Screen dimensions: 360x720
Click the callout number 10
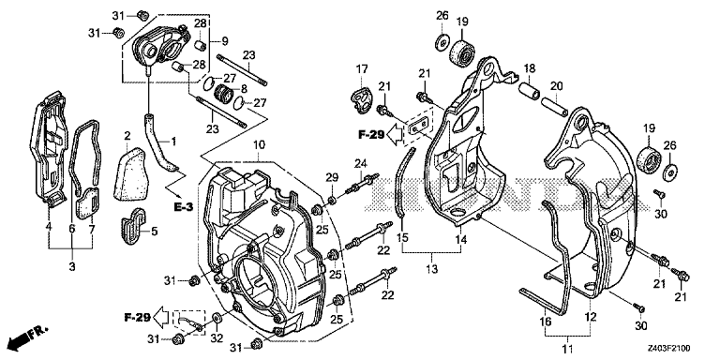point(259,144)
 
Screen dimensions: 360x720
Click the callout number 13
point(430,269)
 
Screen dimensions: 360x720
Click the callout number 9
point(225,41)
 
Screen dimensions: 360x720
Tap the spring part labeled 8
point(223,97)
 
